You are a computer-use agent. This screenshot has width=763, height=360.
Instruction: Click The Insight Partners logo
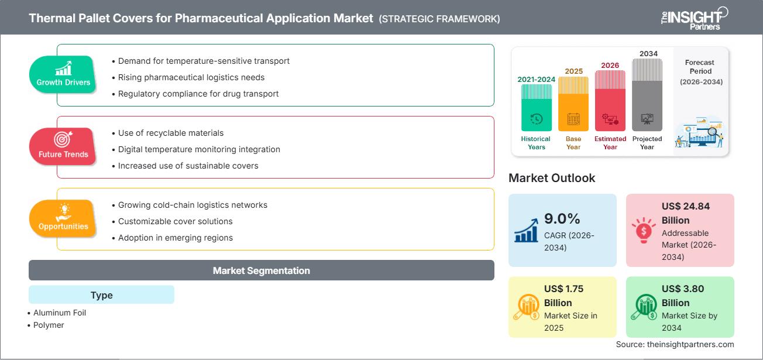694,18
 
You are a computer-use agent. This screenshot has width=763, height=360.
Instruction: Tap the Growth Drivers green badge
63,74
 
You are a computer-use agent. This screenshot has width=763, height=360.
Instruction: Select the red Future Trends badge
63,146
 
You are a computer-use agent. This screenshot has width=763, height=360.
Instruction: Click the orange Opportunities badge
63,218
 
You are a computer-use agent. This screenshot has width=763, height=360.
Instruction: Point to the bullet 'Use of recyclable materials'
170,133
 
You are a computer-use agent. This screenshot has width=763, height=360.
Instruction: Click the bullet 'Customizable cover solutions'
175,221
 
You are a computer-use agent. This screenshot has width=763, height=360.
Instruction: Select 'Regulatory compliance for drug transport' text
198,94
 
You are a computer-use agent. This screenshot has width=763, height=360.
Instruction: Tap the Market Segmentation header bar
261,270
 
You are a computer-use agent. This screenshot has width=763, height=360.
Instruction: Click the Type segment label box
101,295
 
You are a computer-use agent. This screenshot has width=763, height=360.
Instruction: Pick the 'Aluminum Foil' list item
59,313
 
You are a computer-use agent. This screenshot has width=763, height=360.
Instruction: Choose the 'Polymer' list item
49,325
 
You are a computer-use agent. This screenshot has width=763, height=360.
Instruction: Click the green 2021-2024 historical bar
536,108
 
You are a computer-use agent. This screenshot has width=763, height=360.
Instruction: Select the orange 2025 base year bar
573,104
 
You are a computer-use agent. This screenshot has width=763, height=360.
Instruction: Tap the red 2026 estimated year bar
610,101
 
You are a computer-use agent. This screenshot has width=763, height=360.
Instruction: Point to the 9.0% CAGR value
562,219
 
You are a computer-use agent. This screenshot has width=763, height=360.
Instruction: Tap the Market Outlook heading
552,178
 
